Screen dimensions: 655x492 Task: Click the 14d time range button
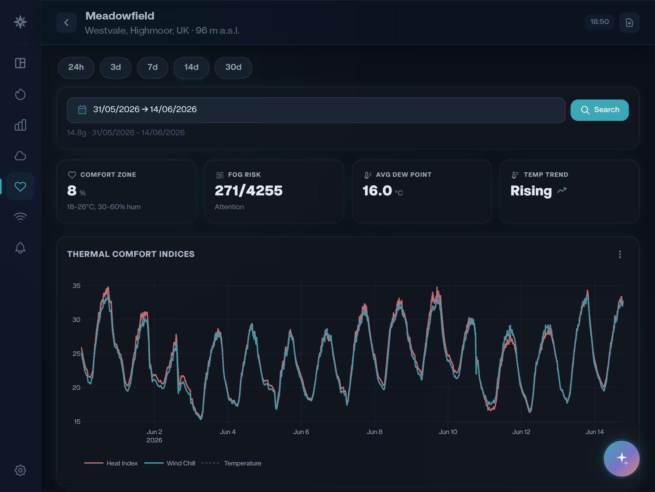[x=191, y=67]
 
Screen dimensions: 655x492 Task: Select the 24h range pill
[x=76, y=67]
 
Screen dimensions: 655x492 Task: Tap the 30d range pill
[x=233, y=67]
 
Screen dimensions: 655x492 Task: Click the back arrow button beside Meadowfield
[x=67, y=22]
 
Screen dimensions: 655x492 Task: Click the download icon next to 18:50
[x=629, y=22]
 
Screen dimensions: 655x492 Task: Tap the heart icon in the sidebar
[x=20, y=186]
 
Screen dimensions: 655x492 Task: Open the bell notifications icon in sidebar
[x=20, y=248]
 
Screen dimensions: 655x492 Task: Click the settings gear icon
[x=20, y=470]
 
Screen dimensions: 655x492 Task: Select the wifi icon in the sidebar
[x=20, y=217]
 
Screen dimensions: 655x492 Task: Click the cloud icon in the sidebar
[x=20, y=156]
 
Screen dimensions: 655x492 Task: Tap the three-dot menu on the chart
[x=620, y=254]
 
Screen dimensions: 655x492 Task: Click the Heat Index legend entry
[x=111, y=463]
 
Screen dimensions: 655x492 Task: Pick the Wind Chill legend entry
[x=170, y=463]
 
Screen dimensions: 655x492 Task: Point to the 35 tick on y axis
[x=76, y=286]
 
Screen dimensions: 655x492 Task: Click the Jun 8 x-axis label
[x=375, y=432]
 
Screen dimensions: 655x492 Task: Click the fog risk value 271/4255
[x=249, y=191]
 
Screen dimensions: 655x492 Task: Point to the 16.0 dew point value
[x=377, y=191]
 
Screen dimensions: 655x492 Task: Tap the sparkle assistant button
[x=621, y=458]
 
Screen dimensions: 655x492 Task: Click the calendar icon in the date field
[x=82, y=110]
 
